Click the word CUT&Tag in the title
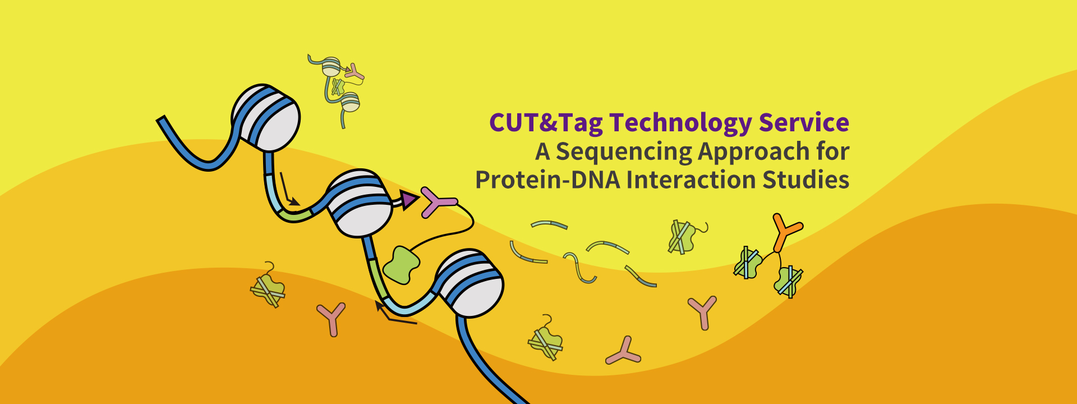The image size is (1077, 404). click(546, 123)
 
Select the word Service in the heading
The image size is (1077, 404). click(804, 123)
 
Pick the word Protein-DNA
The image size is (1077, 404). click(547, 180)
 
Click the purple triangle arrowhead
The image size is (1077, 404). click(410, 199)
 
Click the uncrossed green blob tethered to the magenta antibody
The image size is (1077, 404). click(402, 264)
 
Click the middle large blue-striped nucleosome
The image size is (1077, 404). click(360, 203)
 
